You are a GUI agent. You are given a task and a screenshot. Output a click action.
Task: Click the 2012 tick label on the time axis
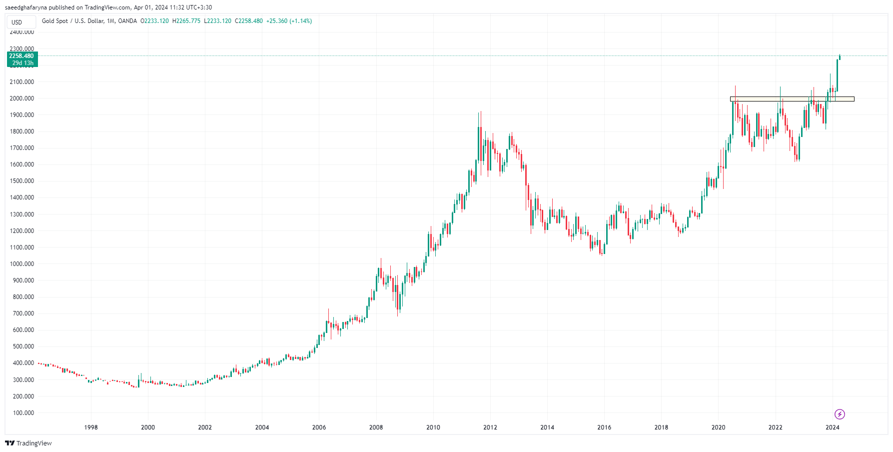point(490,427)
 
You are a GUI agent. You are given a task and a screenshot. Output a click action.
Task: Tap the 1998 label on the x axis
point(91,427)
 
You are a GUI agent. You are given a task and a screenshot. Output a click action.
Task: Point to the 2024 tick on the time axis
point(832,427)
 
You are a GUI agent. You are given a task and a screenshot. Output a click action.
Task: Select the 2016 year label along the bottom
point(604,427)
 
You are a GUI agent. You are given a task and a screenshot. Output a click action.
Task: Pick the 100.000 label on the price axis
point(23,413)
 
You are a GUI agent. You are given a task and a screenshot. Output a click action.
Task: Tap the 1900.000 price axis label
point(22,115)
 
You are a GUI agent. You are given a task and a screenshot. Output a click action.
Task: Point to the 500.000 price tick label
point(23,346)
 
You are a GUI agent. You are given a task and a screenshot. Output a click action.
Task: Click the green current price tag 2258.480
point(21,56)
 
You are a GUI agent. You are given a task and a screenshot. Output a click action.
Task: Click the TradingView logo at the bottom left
point(28,443)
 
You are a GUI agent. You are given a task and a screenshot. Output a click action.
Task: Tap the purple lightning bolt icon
point(840,414)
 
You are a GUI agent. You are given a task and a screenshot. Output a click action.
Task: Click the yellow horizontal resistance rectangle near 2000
point(792,99)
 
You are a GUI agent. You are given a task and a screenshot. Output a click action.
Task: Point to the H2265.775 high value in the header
point(186,21)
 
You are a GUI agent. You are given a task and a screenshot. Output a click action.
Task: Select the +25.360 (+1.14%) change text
point(289,21)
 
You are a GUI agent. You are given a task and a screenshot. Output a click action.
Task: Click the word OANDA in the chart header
point(127,21)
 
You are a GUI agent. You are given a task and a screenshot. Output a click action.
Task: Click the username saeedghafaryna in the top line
point(26,7)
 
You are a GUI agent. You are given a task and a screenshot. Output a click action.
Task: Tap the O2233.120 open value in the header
point(154,21)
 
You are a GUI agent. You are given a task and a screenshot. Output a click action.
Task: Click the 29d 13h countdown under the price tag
point(23,63)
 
